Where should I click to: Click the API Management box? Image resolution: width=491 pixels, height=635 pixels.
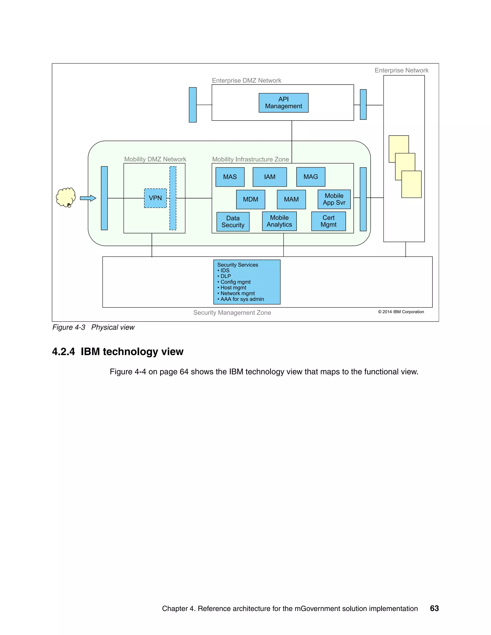tap(283, 103)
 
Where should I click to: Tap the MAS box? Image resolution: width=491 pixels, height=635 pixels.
tap(230, 177)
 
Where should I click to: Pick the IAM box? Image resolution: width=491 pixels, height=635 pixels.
tap(270, 177)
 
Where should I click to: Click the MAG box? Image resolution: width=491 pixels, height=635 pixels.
tap(311, 177)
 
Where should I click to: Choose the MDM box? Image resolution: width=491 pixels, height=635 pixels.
tap(251, 199)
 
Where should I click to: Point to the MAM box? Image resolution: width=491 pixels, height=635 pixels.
tap(291, 199)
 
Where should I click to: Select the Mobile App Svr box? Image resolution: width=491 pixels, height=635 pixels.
tap(334, 199)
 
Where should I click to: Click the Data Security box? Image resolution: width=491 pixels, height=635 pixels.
tap(233, 222)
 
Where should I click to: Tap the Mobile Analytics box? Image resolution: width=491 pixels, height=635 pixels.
tap(279, 221)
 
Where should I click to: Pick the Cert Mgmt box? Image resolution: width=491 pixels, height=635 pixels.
tap(328, 221)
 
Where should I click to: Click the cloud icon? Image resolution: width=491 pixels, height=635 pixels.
tap(66, 197)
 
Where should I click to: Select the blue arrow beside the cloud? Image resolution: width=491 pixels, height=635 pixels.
tap(88, 198)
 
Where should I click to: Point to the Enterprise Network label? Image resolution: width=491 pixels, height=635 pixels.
tap(401, 70)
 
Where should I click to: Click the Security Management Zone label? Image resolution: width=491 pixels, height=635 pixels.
tap(232, 312)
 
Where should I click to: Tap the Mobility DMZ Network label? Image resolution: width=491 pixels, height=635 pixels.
tap(155, 159)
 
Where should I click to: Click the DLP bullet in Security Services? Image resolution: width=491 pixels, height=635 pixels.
tap(225, 276)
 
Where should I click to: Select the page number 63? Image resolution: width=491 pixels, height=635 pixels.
tap(434, 608)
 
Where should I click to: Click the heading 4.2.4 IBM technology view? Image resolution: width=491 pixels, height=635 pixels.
tap(117, 352)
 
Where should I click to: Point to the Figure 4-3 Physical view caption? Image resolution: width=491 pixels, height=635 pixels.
tap(93, 327)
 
